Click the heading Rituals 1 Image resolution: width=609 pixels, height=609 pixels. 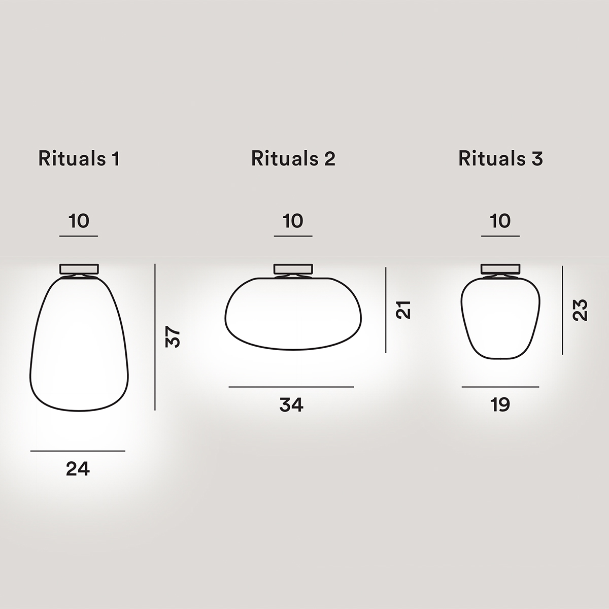(x=79, y=159)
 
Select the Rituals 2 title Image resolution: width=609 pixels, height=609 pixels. (x=293, y=159)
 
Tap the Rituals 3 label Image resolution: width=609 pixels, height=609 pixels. (x=500, y=159)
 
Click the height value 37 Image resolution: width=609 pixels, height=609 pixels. (x=173, y=336)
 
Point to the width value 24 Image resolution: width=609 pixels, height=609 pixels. (x=78, y=469)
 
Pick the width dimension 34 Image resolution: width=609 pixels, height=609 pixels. (x=291, y=405)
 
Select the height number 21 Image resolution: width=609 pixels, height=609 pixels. (x=403, y=309)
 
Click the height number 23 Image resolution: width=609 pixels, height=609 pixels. (x=580, y=310)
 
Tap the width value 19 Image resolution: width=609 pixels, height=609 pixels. (x=500, y=405)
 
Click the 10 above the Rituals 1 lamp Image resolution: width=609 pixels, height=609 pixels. (x=79, y=221)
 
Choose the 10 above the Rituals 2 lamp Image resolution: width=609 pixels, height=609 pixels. (x=293, y=221)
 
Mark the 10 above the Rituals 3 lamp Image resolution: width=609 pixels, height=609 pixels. (x=500, y=221)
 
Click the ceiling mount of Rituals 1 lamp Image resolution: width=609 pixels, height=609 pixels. (x=79, y=269)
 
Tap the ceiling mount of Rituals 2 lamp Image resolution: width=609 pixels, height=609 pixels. (x=293, y=269)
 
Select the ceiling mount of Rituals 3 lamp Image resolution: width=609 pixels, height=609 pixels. (x=500, y=269)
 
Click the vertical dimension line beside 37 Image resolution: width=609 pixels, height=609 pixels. (x=155, y=336)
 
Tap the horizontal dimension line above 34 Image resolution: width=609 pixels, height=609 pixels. (x=291, y=387)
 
